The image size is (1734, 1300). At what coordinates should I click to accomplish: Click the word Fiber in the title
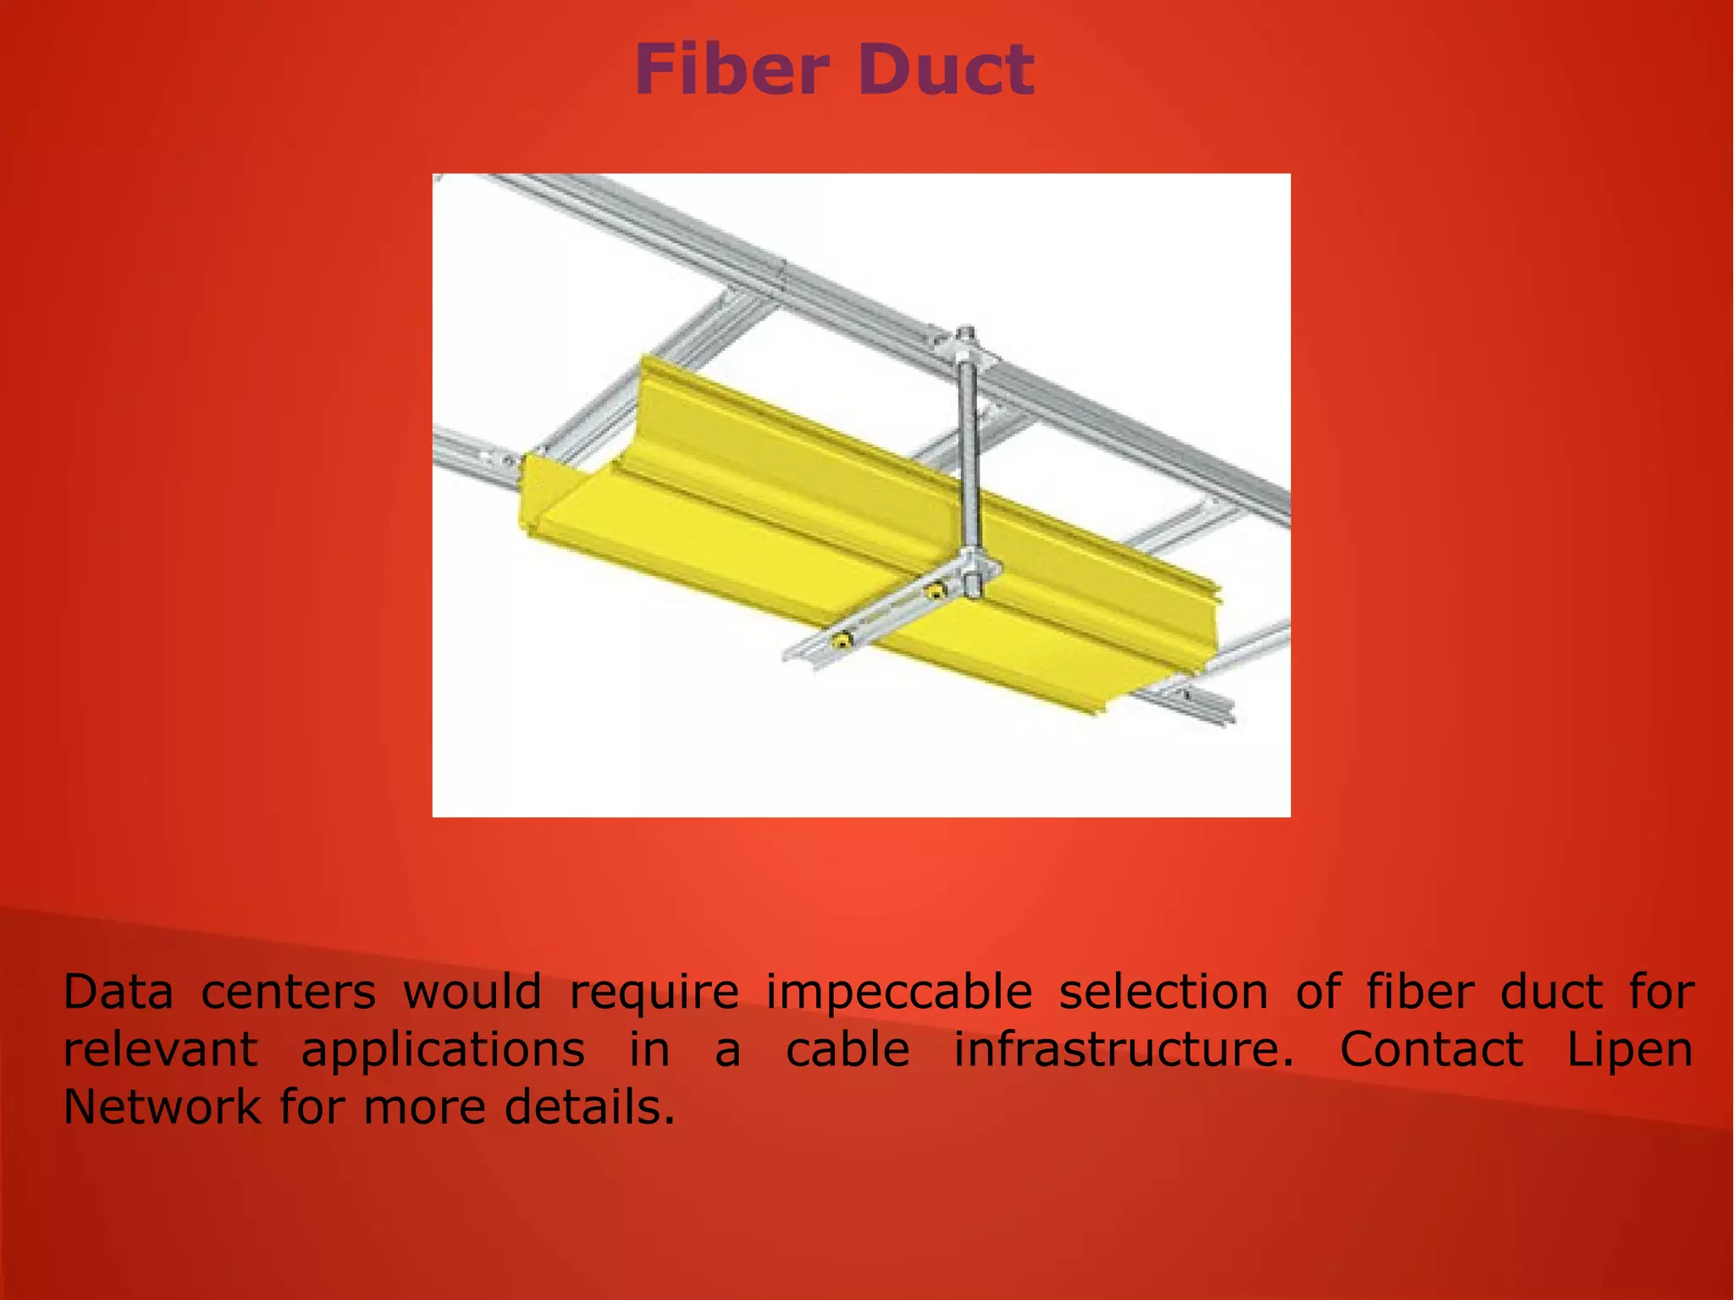coord(731,69)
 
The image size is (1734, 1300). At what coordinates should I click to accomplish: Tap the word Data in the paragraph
coord(118,992)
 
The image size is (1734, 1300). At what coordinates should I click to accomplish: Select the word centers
coord(288,992)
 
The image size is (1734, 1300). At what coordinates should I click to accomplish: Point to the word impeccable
coord(898,993)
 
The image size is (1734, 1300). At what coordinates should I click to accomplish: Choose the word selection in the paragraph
coord(1163,992)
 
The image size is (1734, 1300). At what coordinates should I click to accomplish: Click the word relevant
coord(160,1049)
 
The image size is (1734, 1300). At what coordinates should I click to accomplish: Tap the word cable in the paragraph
coord(848,1049)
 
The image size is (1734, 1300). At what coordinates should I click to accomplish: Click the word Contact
coord(1431,1049)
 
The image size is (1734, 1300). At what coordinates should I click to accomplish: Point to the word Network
coord(162,1107)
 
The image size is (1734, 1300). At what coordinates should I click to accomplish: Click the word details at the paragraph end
coord(589,1107)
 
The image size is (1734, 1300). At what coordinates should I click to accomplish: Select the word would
coord(472,992)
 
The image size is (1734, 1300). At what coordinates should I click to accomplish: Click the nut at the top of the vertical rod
coord(967,341)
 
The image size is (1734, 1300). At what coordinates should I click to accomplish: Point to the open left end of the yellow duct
coord(542,500)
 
